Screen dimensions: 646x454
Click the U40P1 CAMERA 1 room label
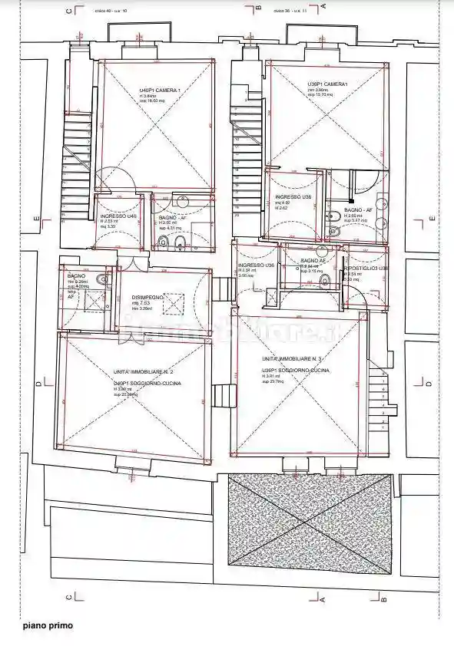coord(160,91)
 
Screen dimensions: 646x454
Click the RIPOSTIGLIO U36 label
coord(367,269)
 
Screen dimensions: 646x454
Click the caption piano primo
coord(47,626)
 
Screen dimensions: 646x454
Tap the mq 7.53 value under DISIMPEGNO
coord(139,303)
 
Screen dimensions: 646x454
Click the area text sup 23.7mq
coord(272,381)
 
